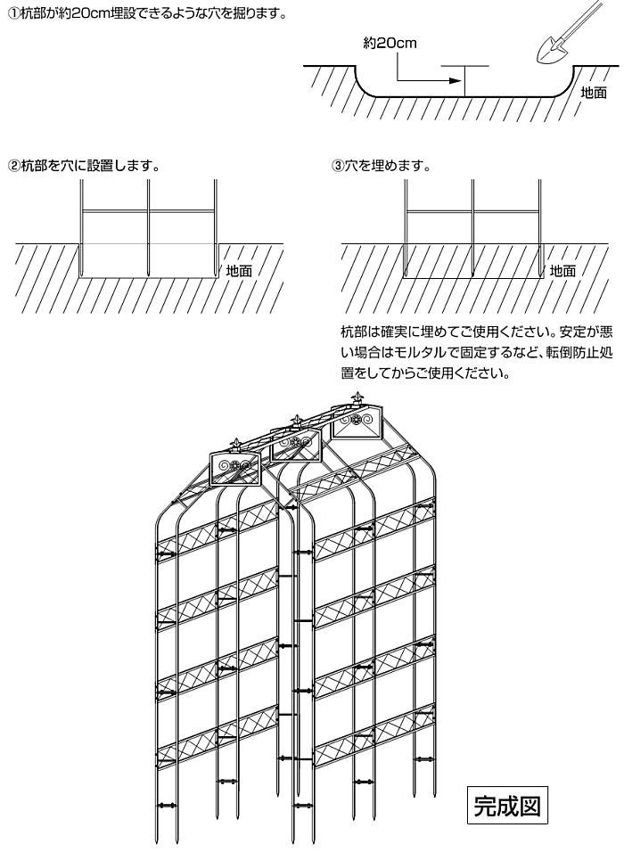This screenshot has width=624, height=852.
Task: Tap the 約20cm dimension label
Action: click(390, 43)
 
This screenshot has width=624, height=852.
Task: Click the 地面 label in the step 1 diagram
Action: click(594, 93)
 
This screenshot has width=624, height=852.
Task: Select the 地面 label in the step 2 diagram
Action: click(239, 271)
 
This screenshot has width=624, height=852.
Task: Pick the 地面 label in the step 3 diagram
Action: click(562, 271)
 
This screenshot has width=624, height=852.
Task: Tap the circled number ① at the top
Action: click(13, 14)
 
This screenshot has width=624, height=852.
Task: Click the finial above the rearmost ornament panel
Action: click(357, 398)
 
